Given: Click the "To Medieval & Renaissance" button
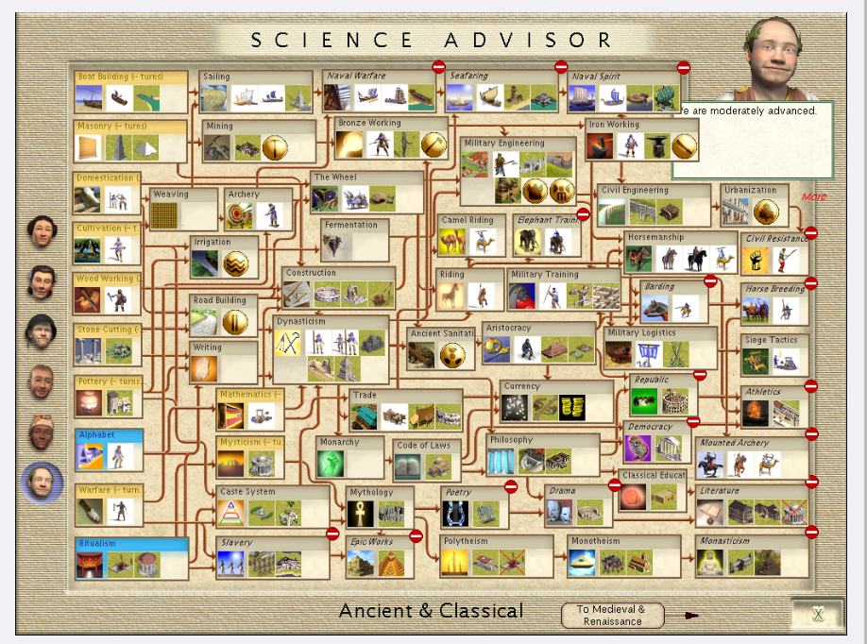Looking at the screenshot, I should coord(611,615).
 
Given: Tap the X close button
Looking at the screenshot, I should coord(818,615).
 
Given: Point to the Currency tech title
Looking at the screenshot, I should coord(521,386).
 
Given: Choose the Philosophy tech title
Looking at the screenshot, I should coord(511,440).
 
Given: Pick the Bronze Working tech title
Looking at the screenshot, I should coord(369,123).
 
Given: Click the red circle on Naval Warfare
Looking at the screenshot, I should coord(439,66).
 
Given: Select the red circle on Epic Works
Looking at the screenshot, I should coord(416,535).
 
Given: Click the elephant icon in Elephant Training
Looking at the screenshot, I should coord(529,243).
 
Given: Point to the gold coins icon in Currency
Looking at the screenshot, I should coord(572,407).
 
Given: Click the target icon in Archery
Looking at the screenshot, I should coord(240,215).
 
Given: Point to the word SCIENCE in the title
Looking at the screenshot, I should coord(331,40).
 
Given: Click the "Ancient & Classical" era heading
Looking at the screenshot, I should coord(431,611).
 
